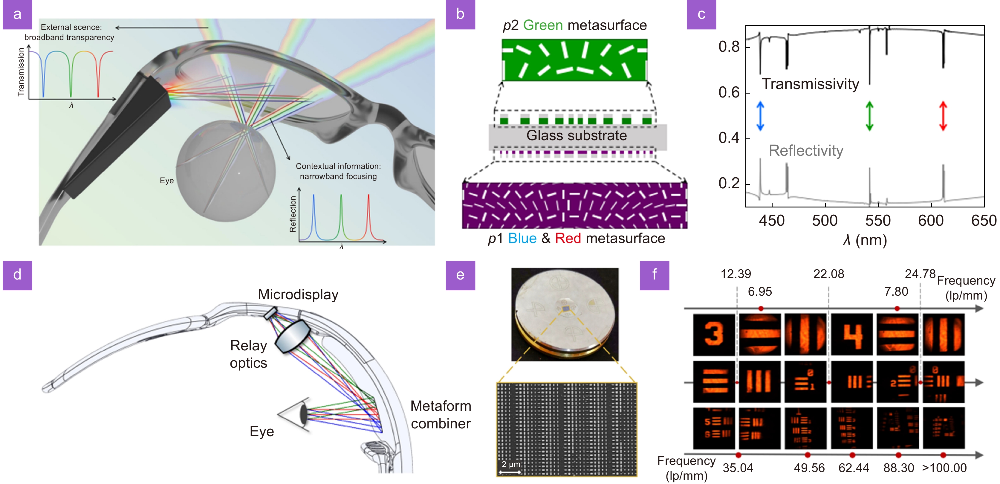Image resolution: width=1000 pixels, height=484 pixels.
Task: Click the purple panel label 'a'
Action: [17, 14]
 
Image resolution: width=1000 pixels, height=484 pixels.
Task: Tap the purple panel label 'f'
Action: [654, 275]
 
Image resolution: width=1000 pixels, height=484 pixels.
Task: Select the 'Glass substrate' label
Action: [577, 135]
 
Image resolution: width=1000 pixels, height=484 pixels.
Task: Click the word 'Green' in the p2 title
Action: [543, 25]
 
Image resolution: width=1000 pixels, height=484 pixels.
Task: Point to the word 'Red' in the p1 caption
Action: [568, 238]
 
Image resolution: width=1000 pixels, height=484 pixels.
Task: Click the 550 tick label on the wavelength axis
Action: [878, 221]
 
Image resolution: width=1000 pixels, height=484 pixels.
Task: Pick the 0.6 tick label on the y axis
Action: [729, 92]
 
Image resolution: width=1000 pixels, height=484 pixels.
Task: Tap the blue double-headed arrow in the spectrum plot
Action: [760, 116]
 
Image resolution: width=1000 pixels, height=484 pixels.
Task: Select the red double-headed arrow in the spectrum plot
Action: [943, 116]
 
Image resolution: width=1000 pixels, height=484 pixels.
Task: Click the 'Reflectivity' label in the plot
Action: [806, 151]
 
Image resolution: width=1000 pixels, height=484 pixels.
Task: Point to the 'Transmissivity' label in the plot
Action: [810, 84]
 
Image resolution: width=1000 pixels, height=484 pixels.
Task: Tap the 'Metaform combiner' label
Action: [441, 414]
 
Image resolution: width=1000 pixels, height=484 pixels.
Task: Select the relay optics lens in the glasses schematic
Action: [292, 336]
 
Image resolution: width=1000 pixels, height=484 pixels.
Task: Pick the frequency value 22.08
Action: [828, 274]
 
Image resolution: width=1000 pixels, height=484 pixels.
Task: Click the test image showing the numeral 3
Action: [713, 335]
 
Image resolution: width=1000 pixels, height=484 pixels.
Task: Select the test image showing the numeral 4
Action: [852, 335]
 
